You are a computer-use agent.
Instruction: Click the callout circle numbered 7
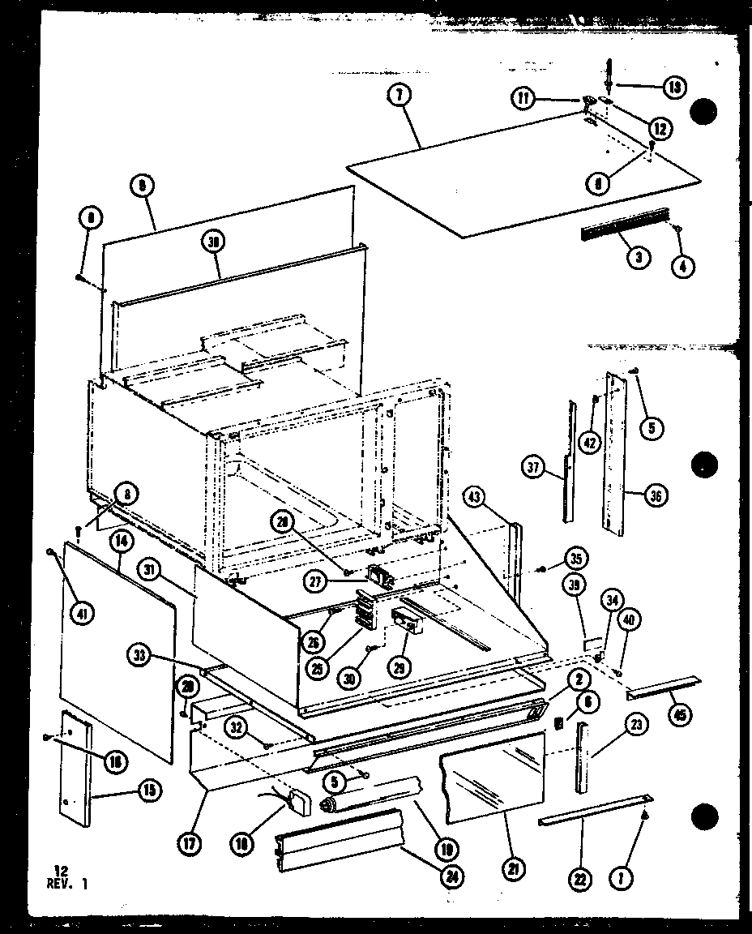click(x=399, y=96)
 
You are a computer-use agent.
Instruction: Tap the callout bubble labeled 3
click(x=639, y=259)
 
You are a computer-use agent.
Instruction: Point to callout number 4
click(x=682, y=265)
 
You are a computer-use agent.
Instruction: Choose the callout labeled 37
click(x=532, y=467)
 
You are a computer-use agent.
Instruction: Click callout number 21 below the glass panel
click(x=514, y=870)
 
